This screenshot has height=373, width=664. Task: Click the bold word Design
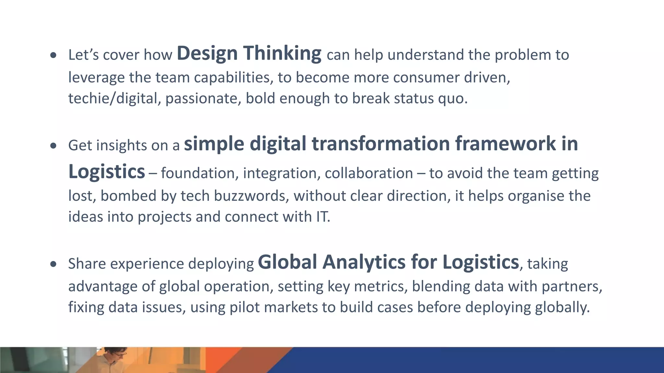(x=207, y=53)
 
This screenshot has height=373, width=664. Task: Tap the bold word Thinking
(x=282, y=53)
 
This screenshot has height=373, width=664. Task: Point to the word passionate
(x=203, y=98)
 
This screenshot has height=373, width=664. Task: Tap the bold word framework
(x=505, y=143)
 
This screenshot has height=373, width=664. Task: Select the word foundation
(x=199, y=173)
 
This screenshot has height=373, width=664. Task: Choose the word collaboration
(x=369, y=173)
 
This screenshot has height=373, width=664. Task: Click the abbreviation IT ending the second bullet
(x=322, y=217)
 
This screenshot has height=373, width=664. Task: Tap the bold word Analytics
(x=364, y=262)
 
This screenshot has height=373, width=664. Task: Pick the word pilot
(x=244, y=307)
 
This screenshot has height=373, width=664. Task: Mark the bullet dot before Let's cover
(x=53, y=55)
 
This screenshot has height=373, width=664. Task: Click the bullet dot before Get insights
(x=53, y=146)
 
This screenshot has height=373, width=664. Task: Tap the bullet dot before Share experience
(x=53, y=264)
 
